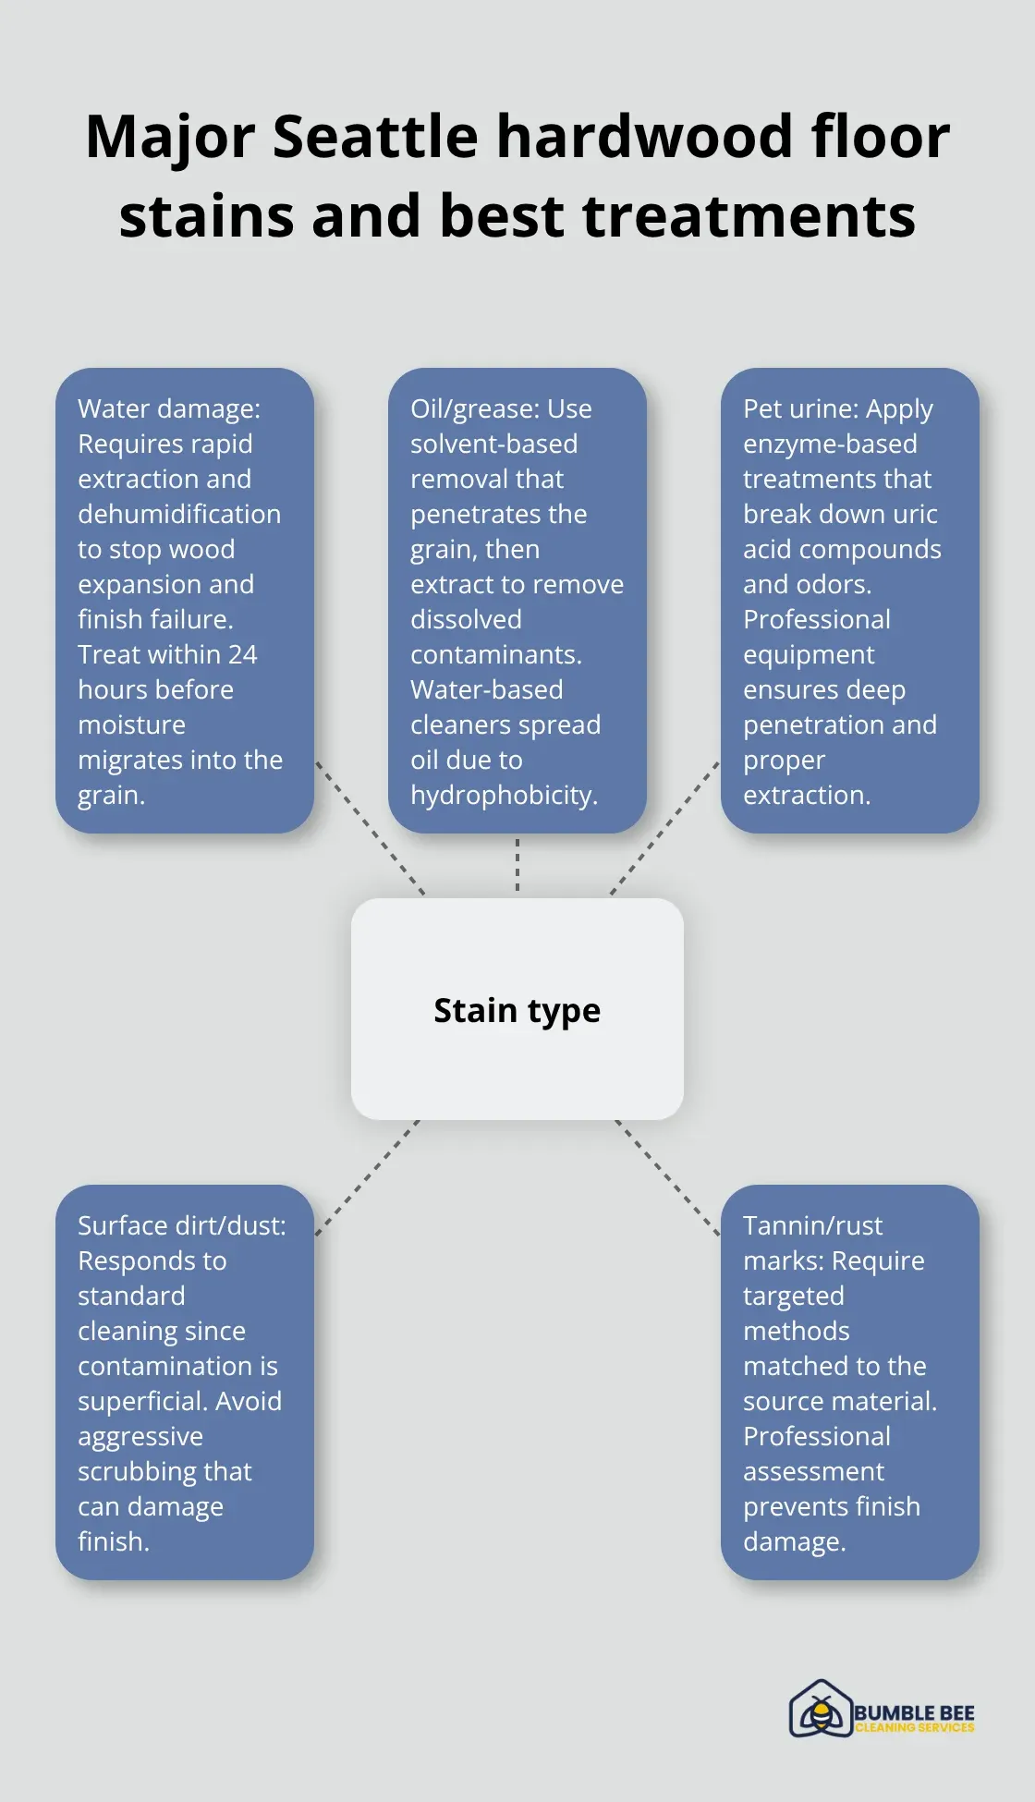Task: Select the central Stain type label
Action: (x=517, y=1011)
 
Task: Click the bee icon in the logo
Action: (x=820, y=1710)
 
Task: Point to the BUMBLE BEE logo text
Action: (x=914, y=1712)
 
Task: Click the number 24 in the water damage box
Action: (x=243, y=654)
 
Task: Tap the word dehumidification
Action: (x=179, y=514)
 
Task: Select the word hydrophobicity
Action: (x=504, y=796)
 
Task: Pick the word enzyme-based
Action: (x=830, y=444)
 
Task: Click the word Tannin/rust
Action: (x=812, y=1225)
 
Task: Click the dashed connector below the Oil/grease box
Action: (x=517, y=865)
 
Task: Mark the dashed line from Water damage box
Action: (x=370, y=828)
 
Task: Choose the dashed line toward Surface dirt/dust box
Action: (x=367, y=1177)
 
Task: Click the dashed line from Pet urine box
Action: (x=664, y=828)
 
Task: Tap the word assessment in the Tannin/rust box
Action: (x=813, y=1471)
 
